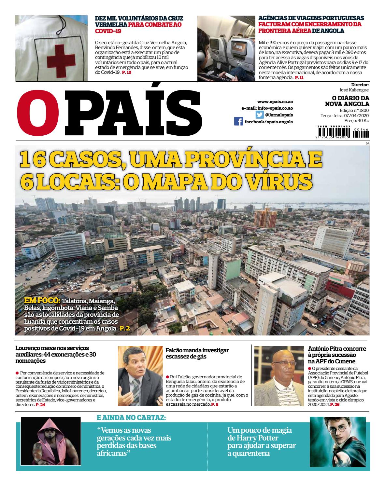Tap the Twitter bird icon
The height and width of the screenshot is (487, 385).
pyautogui.click(x=259, y=115)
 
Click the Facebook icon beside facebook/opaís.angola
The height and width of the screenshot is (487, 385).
pyautogui.click(x=238, y=122)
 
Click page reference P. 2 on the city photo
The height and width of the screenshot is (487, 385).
pyautogui.click(x=125, y=329)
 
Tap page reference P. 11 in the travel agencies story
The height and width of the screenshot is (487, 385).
pyautogui.click(x=299, y=78)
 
